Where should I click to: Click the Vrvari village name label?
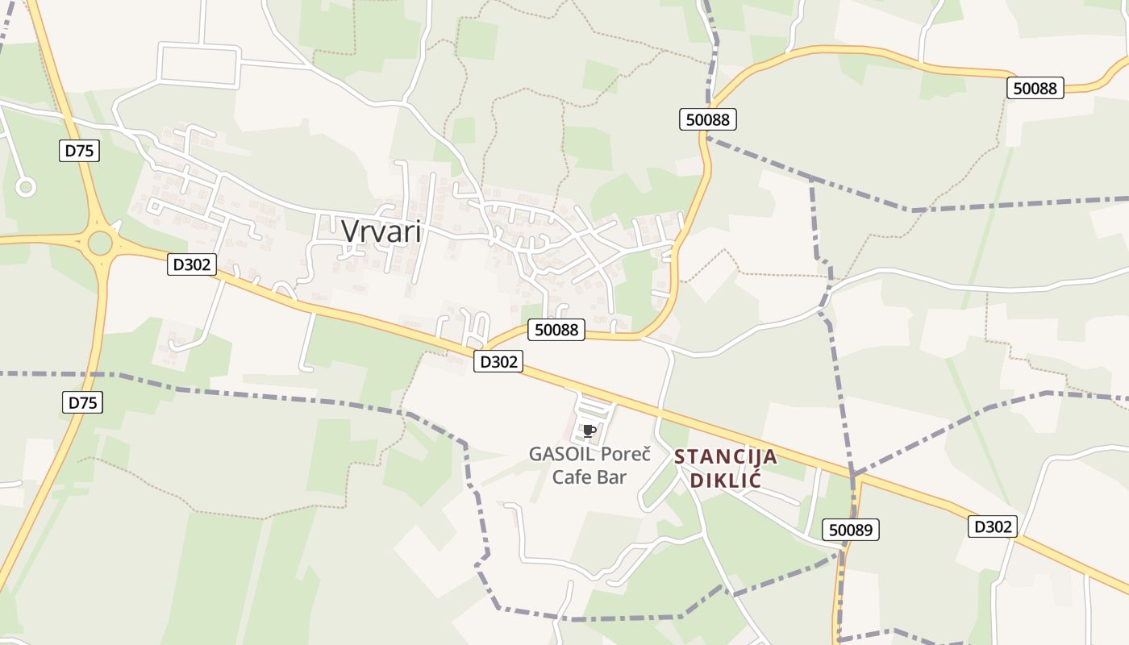[x=381, y=231]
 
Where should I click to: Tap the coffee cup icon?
[x=589, y=431]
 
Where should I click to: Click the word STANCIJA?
[x=726, y=457]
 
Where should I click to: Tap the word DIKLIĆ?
[x=726, y=481]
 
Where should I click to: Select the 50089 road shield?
[x=851, y=530]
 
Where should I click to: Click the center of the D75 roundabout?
[x=101, y=242]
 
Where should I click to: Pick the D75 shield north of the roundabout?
[x=79, y=150]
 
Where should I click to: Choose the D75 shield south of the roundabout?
[x=82, y=402]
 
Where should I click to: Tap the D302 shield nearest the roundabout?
[x=192, y=264]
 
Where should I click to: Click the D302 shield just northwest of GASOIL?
[x=498, y=362]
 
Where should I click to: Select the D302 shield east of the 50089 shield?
[x=993, y=526]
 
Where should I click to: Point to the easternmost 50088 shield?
[x=1035, y=88]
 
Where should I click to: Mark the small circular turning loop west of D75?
[x=26, y=188]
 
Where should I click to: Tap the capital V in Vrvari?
[x=350, y=231]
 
